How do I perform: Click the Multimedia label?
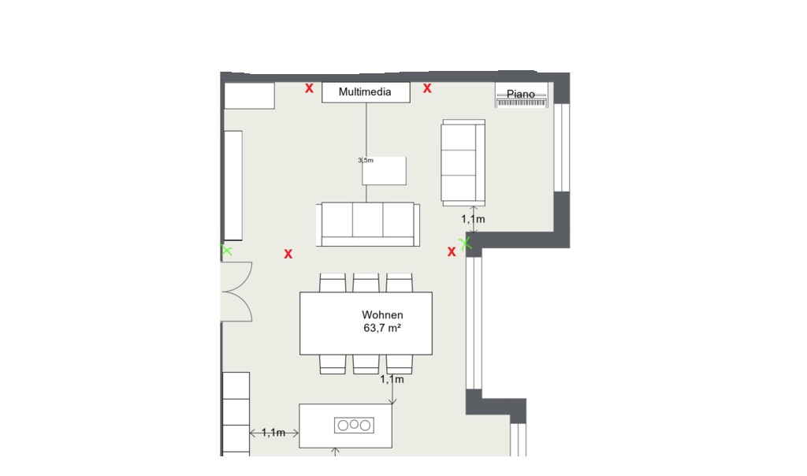(x=365, y=91)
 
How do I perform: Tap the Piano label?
(x=520, y=94)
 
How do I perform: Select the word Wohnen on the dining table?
(x=382, y=314)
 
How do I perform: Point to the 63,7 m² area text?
(x=382, y=328)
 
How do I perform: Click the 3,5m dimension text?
(x=366, y=160)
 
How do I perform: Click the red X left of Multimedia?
(x=309, y=88)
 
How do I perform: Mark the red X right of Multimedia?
(x=427, y=88)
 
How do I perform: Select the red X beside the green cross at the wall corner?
(x=452, y=251)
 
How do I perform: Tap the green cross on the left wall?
(x=226, y=251)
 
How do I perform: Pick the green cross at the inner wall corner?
(x=467, y=243)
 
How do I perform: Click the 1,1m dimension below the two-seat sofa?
(x=473, y=219)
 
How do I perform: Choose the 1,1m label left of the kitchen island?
(x=273, y=433)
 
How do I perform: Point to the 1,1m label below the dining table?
(x=392, y=379)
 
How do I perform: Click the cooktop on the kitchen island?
(x=354, y=425)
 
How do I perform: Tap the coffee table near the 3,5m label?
(x=384, y=170)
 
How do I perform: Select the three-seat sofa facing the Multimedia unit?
(x=367, y=225)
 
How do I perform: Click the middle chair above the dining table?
(x=366, y=283)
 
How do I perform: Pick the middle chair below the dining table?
(x=366, y=364)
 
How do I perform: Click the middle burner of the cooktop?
(x=354, y=425)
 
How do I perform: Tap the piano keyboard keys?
(x=521, y=103)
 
